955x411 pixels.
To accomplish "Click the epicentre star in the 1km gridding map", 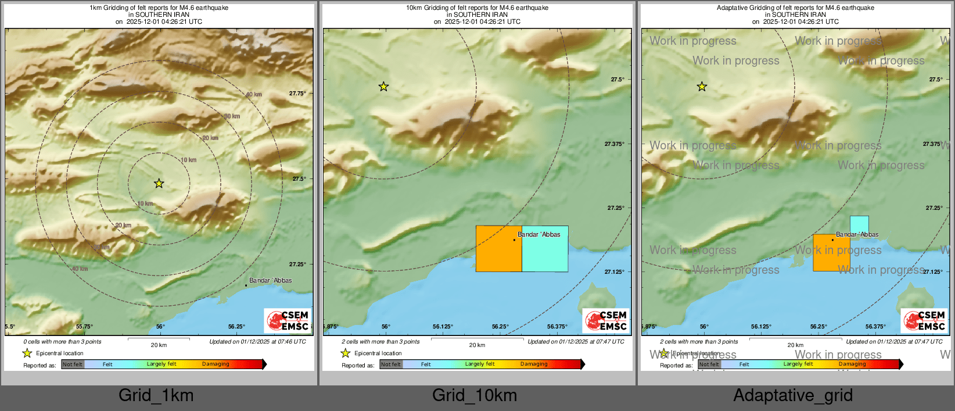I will [x=159, y=184].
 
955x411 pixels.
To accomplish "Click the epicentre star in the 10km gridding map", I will [x=383, y=87].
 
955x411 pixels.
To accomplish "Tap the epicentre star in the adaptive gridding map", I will [x=702, y=87].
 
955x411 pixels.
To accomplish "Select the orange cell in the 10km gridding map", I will [x=498, y=249].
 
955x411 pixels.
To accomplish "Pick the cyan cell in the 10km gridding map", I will [x=545, y=249].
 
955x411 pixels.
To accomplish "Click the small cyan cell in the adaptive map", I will [x=859, y=224].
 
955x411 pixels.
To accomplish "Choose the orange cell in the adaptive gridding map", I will [x=831, y=253].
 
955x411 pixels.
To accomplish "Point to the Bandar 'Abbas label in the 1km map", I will [x=270, y=280].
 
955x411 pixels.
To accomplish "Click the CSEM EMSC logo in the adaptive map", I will [x=924, y=320].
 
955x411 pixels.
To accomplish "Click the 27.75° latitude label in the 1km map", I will [x=297, y=93].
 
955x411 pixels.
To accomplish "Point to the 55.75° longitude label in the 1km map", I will [x=84, y=327].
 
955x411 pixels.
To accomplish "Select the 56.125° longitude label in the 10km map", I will [x=443, y=327].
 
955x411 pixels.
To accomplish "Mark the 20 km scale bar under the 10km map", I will [x=477, y=339].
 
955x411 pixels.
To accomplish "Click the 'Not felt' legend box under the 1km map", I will [x=73, y=364].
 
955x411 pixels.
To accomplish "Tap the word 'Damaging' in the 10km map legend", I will [x=534, y=364].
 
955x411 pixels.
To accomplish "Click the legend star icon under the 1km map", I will [x=27, y=353].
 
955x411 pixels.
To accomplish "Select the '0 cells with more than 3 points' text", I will [x=62, y=342].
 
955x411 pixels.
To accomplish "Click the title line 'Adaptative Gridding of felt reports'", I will [x=795, y=8].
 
